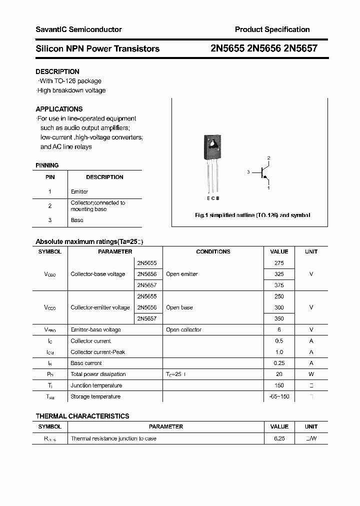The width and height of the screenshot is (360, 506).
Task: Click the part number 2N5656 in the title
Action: coord(263,49)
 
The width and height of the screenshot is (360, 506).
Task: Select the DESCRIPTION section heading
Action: coord(57,71)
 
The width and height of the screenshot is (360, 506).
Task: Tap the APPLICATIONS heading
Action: coord(59,109)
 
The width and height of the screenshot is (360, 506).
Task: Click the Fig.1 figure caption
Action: coord(252,215)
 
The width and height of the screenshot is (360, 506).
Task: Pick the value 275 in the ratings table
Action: coord(279,263)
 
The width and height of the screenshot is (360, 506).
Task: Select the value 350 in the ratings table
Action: coord(279,318)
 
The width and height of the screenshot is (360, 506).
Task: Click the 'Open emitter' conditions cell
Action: coord(182,274)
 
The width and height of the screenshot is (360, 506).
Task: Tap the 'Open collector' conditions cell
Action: coord(183,329)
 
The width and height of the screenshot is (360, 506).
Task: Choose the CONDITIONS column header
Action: coord(213,251)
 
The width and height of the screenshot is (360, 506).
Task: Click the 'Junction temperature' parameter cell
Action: coord(96,385)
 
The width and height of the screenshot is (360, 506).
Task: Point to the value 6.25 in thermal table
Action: coord(279,438)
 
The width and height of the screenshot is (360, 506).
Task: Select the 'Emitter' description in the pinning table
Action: coord(79,191)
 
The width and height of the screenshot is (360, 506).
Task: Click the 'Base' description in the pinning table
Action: coord(77,220)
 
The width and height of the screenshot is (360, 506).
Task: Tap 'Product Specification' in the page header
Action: coord(272,29)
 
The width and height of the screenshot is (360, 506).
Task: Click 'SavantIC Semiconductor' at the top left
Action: coord(78,29)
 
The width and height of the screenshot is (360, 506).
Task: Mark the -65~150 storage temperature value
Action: coord(279,396)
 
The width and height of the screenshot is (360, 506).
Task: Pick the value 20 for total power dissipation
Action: coord(279,374)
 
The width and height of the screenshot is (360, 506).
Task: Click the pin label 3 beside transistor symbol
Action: coord(248,172)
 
